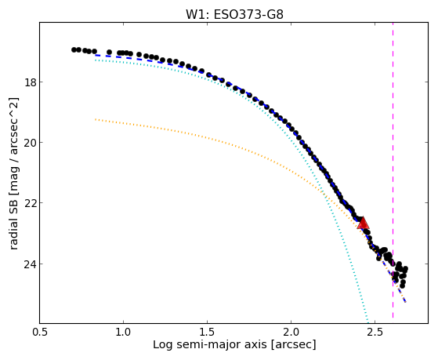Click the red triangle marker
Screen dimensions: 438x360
pyautogui.click(x=363, y=223)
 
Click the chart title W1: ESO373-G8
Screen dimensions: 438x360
pyautogui.click(x=234, y=14)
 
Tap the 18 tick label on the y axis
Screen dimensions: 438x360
pyautogui.click(x=30, y=82)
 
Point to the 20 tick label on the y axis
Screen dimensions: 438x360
pyautogui.click(x=30, y=143)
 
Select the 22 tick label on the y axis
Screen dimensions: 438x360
pyautogui.click(x=30, y=203)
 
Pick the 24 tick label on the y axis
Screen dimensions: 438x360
pyautogui.click(x=30, y=264)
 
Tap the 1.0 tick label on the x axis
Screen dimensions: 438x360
pyautogui.click(x=123, y=332)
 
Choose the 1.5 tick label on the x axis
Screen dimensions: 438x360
pyautogui.click(x=208, y=332)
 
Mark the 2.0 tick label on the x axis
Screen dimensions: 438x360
pyautogui.click(x=291, y=332)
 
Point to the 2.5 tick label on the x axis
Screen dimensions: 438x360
pyautogui.click(x=375, y=332)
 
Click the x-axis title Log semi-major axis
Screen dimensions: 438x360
pyautogui.click(x=209, y=345)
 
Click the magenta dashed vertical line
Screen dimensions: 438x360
pyautogui.click(x=393, y=173)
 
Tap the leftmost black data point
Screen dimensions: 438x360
pyautogui.click(x=74, y=49)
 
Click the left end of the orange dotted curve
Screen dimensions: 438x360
pyautogui.click(x=96, y=119)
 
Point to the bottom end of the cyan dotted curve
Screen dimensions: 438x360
pyautogui.click(x=367, y=322)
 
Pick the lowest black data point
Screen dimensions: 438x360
pyautogui.click(x=402, y=285)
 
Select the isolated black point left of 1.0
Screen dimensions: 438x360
pyautogui.click(x=109, y=53)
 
